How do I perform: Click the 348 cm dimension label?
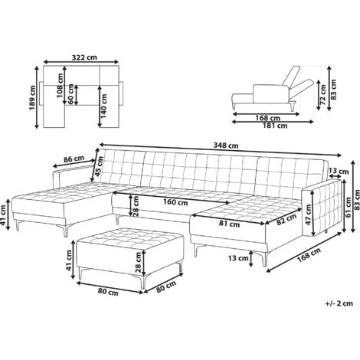pyautogui.click(x=226, y=146)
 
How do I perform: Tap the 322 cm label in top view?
pyautogui.click(x=84, y=57)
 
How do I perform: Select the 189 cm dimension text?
pyautogui.click(x=32, y=97)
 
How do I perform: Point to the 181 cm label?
pyautogui.click(x=275, y=126)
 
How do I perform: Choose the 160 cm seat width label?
pyautogui.click(x=175, y=202)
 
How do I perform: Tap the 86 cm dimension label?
pyautogui.click(x=74, y=159)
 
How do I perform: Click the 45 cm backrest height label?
pyautogui.click(x=99, y=166)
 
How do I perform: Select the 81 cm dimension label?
pyautogui.click(x=229, y=224)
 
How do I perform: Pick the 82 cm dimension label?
pyautogui.click(x=286, y=220)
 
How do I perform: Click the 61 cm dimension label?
pyautogui.click(x=349, y=208)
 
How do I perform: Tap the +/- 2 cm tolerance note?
pyautogui.click(x=339, y=303)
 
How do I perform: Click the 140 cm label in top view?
pyautogui.click(x=103, y=106)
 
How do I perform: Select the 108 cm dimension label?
pyautogui.click(x=60, y=86)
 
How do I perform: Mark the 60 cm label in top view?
pyautogui.click(x=71, y=94)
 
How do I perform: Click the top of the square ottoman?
pyautogui.click(x=130, y=236)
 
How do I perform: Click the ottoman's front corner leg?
pyautogui.click(x=143, y=282)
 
